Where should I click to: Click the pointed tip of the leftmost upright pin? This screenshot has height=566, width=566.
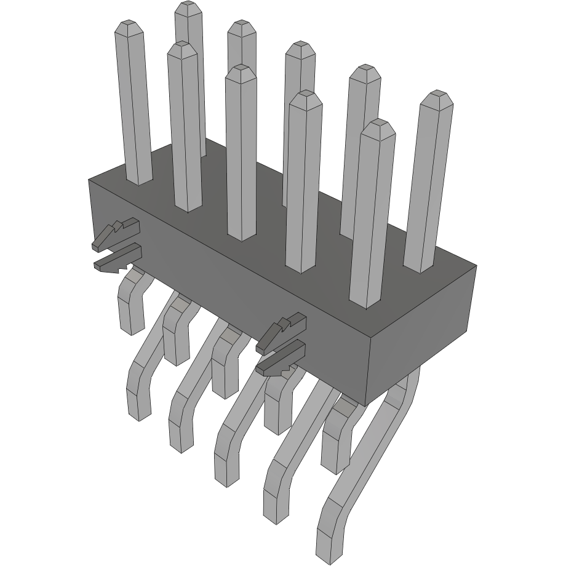point(129,25)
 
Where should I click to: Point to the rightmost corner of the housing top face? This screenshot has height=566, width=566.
point(476,266)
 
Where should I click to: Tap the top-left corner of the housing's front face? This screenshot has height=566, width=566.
point(90,180)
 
